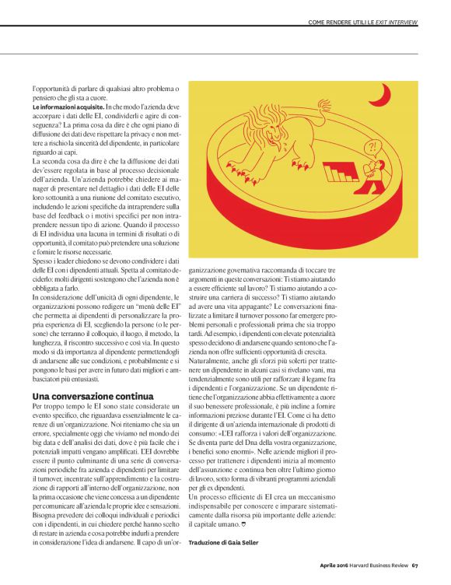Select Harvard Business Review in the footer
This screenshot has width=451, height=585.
click(x=379, y=564)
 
